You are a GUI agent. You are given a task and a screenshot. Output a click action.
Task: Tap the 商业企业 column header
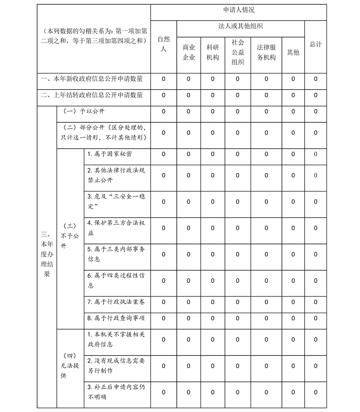tap(189, 52)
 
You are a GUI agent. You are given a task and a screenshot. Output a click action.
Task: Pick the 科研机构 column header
tap(212, 52)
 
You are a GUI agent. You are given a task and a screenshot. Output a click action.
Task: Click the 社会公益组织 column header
tap(238, 52)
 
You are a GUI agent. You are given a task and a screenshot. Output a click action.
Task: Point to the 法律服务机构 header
tap(266, 52)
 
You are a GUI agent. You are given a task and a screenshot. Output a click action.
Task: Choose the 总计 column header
tap(315, 44)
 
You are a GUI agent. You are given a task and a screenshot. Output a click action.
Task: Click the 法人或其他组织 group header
tap(240, 26)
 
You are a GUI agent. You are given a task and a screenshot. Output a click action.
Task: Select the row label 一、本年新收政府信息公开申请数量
tap(92, 79)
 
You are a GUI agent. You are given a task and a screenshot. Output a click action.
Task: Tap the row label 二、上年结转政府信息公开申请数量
tap(92, 95)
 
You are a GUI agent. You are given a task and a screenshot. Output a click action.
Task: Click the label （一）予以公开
tap(84, 112)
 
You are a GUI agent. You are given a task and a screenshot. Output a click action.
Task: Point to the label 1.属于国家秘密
tap(109, 154)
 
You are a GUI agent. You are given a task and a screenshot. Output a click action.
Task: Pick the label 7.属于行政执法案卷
tap(116, 302)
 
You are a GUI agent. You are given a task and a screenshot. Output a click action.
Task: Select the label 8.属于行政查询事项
tap(116, 318)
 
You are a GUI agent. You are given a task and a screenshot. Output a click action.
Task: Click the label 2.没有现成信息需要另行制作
tap(116, 366)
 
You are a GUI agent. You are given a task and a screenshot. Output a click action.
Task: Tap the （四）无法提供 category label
tap(70, 366)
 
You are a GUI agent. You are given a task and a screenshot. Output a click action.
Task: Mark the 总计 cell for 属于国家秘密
tap(315, 154)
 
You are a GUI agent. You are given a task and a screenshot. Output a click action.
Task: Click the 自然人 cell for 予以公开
tap(163, 112)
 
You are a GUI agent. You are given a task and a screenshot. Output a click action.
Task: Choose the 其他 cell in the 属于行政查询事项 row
tap(293, 318)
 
